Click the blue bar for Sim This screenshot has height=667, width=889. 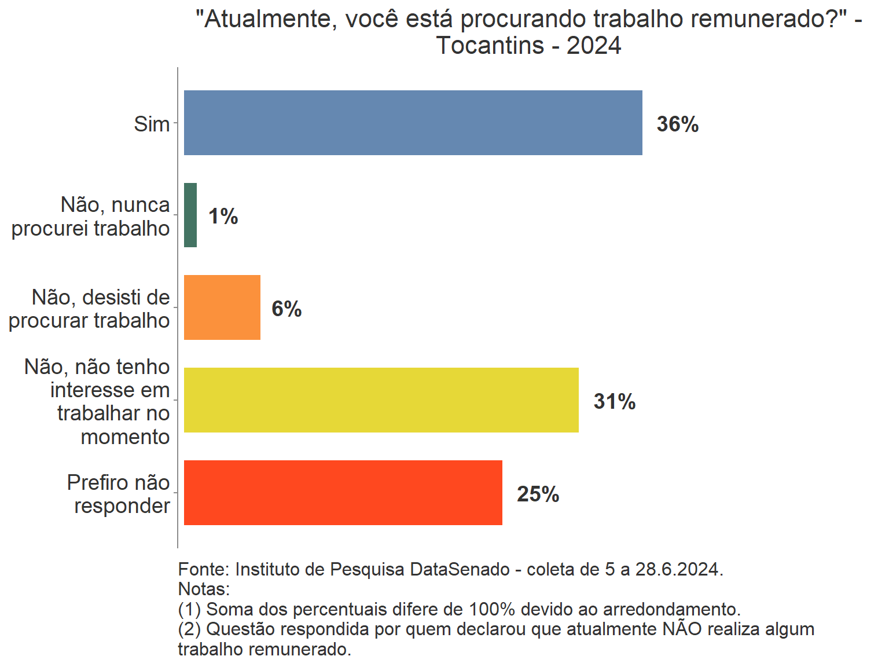click(413, 123)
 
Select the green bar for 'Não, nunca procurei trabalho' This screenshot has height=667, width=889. click(190, 215)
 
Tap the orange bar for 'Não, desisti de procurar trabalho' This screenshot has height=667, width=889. click(222, 307)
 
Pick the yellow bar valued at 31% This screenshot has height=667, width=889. click(381, 400)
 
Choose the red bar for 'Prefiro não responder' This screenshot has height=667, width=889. click(343, 493)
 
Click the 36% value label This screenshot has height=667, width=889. click(677, 124)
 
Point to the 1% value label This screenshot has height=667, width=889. click(223, 217)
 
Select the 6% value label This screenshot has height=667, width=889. click(286, 309)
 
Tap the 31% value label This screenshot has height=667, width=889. click(614, 402)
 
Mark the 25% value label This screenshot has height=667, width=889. click(538, 494)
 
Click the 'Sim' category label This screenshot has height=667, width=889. click(152, 124)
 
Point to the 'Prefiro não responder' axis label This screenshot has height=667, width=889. click(119, 494)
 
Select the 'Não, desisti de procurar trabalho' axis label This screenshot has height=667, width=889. click(90, 309)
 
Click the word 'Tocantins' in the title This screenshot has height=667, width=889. click(490, 45)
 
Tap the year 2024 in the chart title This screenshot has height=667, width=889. click(594, 45)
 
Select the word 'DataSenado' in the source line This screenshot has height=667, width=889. click(460, 570)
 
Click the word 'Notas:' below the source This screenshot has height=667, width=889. click(204, 589)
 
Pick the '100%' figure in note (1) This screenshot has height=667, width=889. click(491, 610)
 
